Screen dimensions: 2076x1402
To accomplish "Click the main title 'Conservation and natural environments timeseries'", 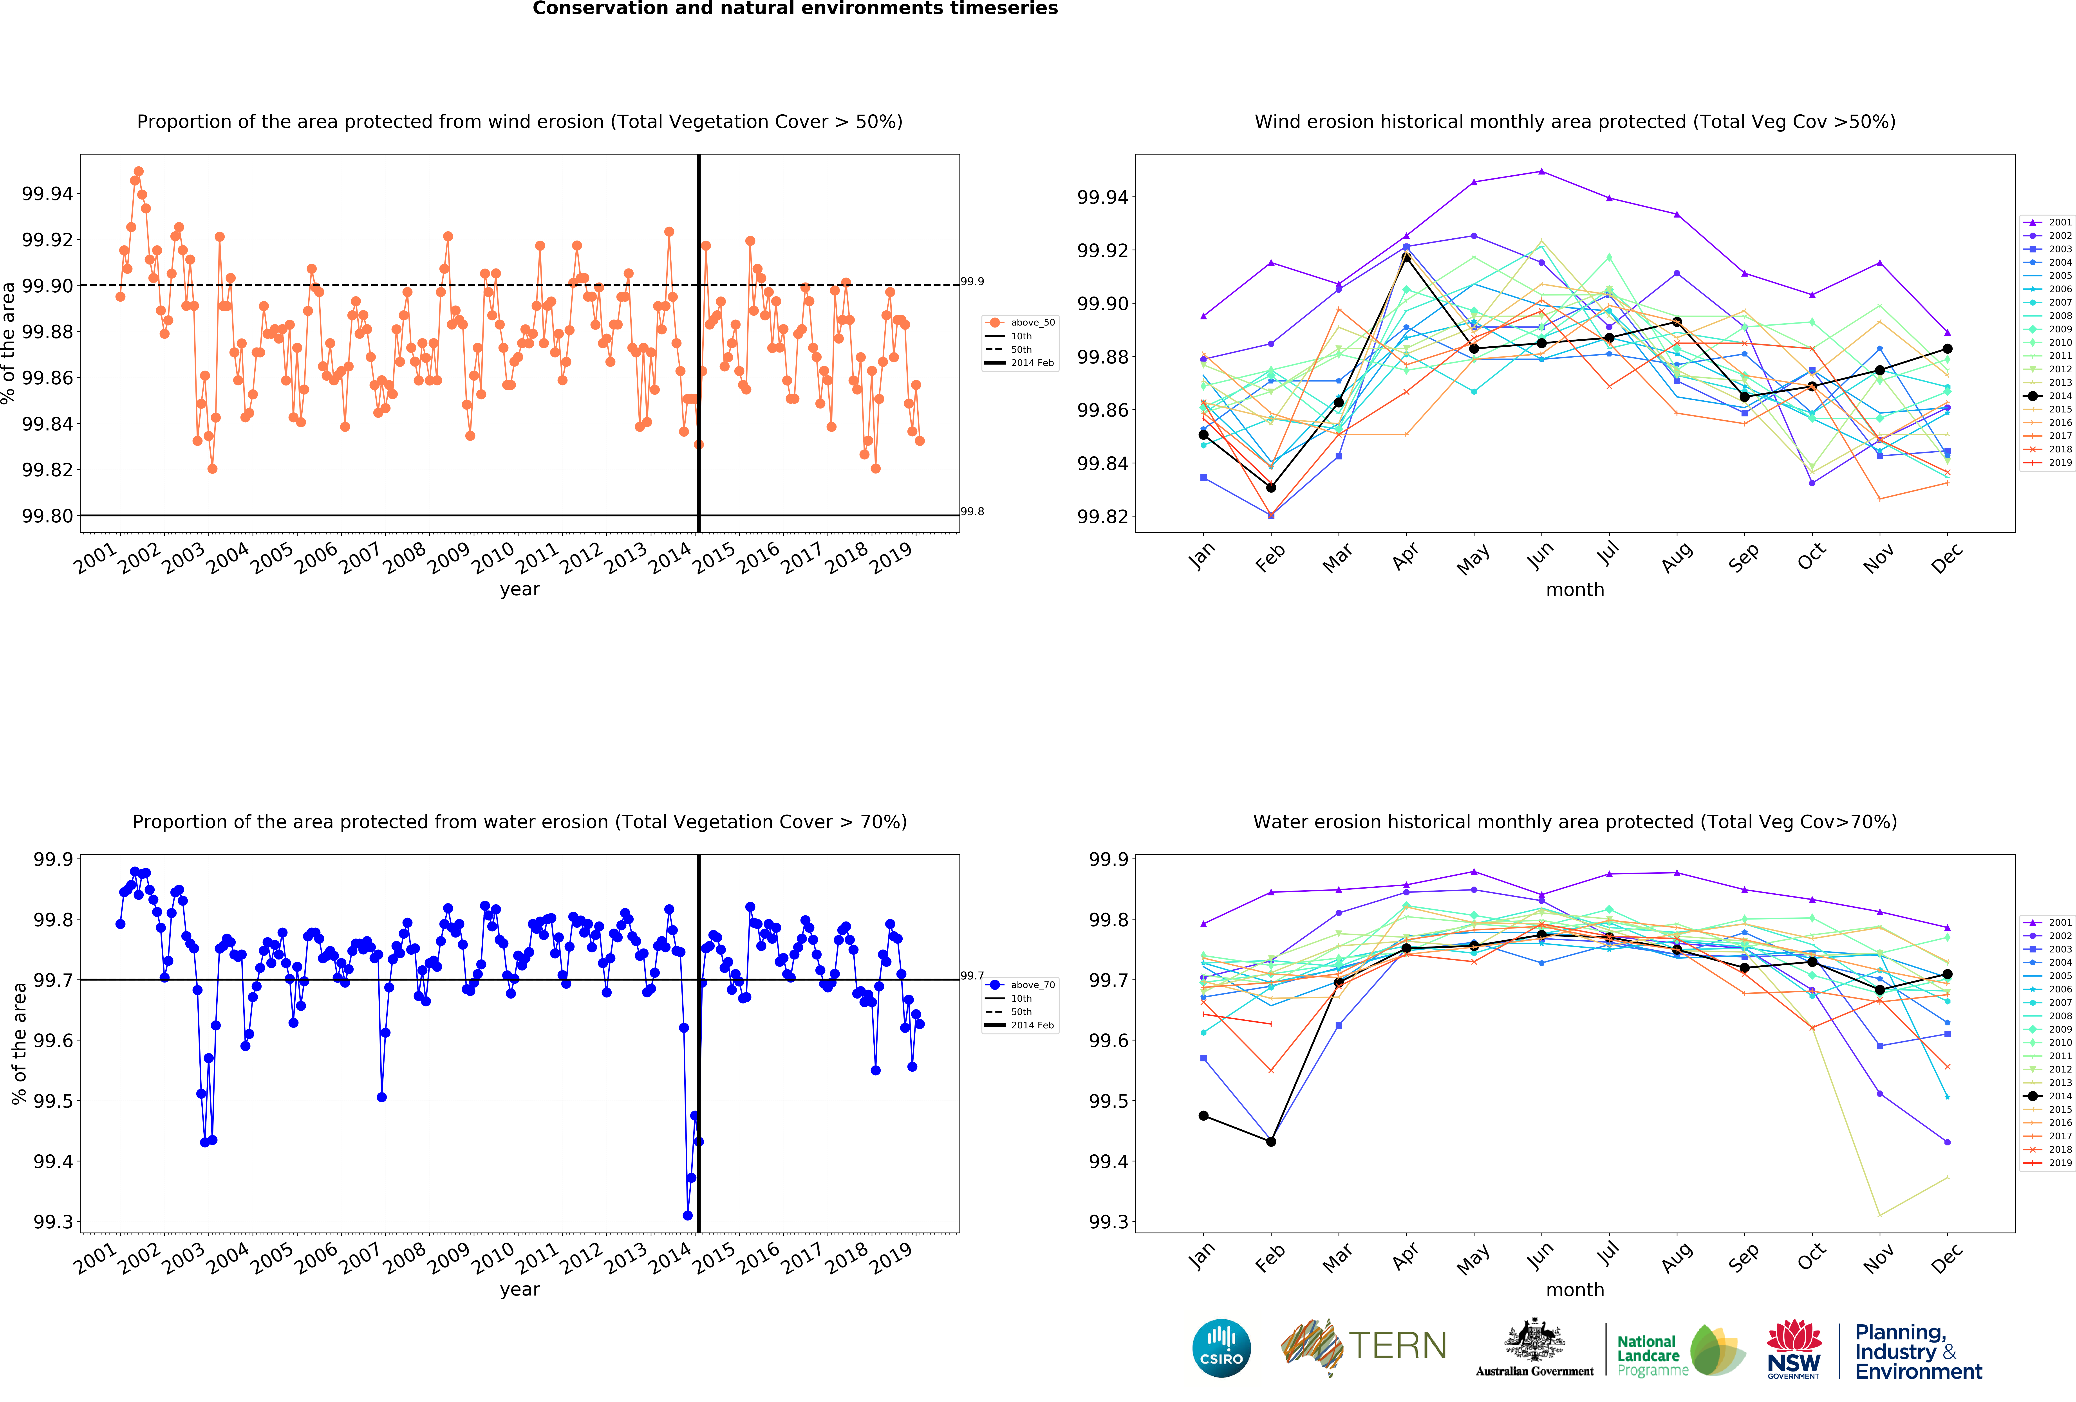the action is [795, 9].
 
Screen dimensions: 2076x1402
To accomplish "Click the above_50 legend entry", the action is [1020, 322].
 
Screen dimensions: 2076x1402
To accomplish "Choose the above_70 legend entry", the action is [1020, 985].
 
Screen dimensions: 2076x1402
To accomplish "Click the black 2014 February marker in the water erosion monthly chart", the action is [1271, 1141].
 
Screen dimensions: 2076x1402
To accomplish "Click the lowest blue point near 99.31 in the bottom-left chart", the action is [687, 1215].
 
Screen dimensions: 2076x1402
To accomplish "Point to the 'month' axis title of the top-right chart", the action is [1575, 589].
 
